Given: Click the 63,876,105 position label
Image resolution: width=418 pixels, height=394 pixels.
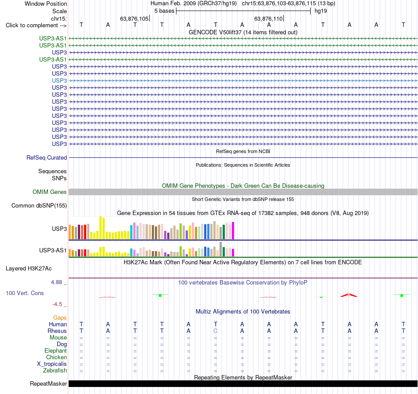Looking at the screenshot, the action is coord(134,18).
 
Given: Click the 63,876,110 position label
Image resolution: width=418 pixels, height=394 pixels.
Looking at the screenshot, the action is coord(268,18).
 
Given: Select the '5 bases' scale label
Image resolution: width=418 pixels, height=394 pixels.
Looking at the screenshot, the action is coord(164,11).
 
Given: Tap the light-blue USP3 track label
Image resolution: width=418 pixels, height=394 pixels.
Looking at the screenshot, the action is coord(59,80).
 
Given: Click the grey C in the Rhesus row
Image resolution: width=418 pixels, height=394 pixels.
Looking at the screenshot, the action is coord(216,331).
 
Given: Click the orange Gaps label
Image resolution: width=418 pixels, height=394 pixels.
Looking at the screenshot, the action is coord(60,317).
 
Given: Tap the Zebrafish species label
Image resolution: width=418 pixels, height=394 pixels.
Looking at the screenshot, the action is coord(55,370).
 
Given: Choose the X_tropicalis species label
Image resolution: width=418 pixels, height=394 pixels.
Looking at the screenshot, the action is coord(52,364).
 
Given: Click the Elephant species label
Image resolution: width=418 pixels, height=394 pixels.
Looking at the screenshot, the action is coord(56,350).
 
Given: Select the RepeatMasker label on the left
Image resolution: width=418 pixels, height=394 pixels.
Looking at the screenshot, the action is coord(48,383).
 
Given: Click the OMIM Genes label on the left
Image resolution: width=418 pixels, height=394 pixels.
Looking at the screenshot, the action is coord(50,192).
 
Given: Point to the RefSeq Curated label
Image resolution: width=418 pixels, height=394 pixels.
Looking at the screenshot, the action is coord(47,157).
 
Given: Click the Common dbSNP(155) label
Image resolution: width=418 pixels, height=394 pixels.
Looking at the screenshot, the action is coord(39,206).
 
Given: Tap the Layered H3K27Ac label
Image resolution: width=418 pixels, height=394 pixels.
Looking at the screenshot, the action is coord(29,269).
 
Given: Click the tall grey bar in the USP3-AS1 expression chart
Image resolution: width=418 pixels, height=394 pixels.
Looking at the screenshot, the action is coord(221,249).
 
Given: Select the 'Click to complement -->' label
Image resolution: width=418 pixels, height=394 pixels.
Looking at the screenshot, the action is coord(36,26).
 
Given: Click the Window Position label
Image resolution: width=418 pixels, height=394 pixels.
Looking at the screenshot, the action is coord(46,4).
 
